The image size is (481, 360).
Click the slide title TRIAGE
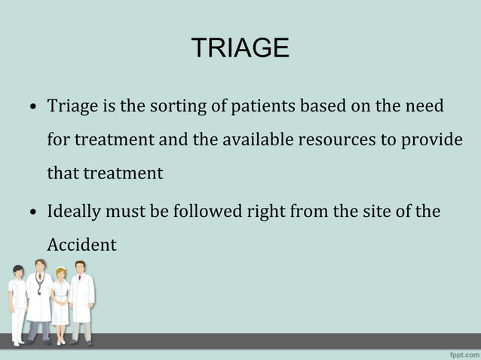pos(240,48)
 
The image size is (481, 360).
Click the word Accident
pos(81,245)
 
